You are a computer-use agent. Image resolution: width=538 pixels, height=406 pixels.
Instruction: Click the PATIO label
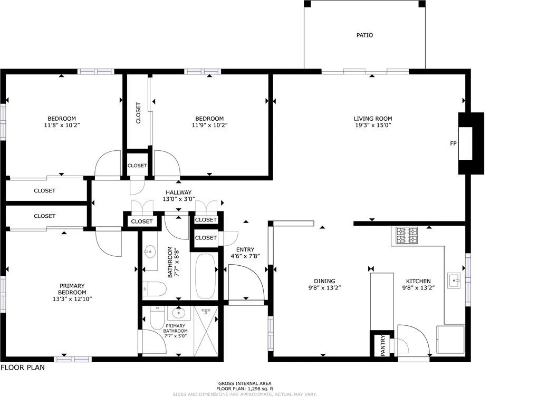[x=364, y=35]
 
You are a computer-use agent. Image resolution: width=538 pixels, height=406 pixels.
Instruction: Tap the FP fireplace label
[x=453, y=143]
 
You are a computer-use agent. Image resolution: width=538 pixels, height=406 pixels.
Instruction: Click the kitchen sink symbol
[x=454, y=281]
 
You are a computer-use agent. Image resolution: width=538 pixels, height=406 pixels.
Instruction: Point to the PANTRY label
[x=382, y=346]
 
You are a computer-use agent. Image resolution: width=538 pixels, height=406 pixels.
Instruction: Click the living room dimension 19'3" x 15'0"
[x=373, y=125]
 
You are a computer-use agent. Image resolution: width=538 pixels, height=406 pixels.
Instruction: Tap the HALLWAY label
[x=178, y=192]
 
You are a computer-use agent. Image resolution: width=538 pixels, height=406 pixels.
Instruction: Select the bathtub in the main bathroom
[x=205, y=277]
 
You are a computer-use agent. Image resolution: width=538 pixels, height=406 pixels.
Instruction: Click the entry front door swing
[x=246, y=282]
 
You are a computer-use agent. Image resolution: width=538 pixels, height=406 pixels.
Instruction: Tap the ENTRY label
[x=245, y=250]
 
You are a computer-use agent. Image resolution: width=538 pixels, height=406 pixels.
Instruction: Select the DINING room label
[x=324, y=281]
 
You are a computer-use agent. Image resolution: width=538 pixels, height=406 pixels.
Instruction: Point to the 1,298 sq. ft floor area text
[x=245, y=389]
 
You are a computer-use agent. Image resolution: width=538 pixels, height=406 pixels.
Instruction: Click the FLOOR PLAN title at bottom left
[x=22, y=368]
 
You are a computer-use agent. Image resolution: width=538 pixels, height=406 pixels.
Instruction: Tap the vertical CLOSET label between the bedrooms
[x=139, y=112]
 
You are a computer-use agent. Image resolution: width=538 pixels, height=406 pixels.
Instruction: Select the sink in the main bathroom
[x=150, y=252]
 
